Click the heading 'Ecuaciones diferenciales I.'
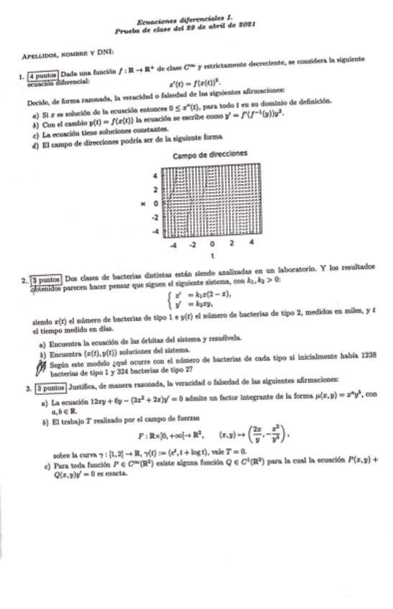tap(188, 22)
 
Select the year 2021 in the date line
tap(248, 32)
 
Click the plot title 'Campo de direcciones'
tap(211, 154)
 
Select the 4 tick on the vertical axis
tap(152, 175)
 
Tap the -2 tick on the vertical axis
tap(152, 217)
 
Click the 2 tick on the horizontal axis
tap(231, 243)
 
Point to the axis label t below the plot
tap(212, 255)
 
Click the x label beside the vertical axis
tap(144, 203)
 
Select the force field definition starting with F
tap(216, 434)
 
